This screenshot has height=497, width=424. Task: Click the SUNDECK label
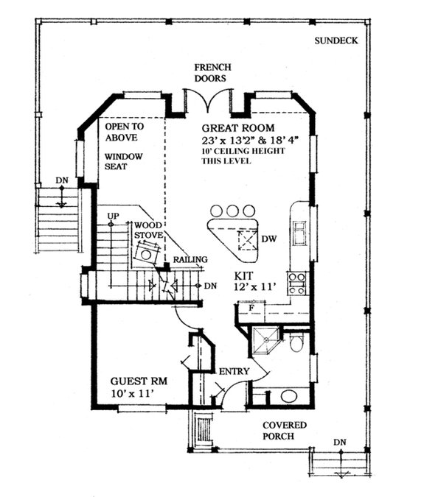(336, 40)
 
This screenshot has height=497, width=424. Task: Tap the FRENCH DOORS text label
(212, 73)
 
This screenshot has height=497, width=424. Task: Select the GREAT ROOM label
(238, 128)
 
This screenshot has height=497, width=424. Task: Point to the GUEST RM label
(139, 381)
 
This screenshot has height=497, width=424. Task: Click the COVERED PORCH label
(285, 431)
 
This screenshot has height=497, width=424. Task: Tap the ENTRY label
(234, 371)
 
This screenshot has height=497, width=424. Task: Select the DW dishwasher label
(269, 239)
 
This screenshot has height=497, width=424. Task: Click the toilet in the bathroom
(296, 342)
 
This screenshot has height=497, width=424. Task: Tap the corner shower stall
(266, 340)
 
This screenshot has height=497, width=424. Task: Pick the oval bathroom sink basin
(289, 396)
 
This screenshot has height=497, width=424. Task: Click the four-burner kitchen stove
(297, 283)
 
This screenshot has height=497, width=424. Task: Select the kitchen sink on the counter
(299, 233)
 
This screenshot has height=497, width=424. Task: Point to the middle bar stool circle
(232, 211)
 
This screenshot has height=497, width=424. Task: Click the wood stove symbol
(146, 253)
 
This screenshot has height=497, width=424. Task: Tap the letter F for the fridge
(251, 308)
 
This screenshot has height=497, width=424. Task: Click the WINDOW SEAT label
(123, 161)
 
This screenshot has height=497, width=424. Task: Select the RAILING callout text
(190, 259)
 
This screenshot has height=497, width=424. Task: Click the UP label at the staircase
(113, 216)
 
